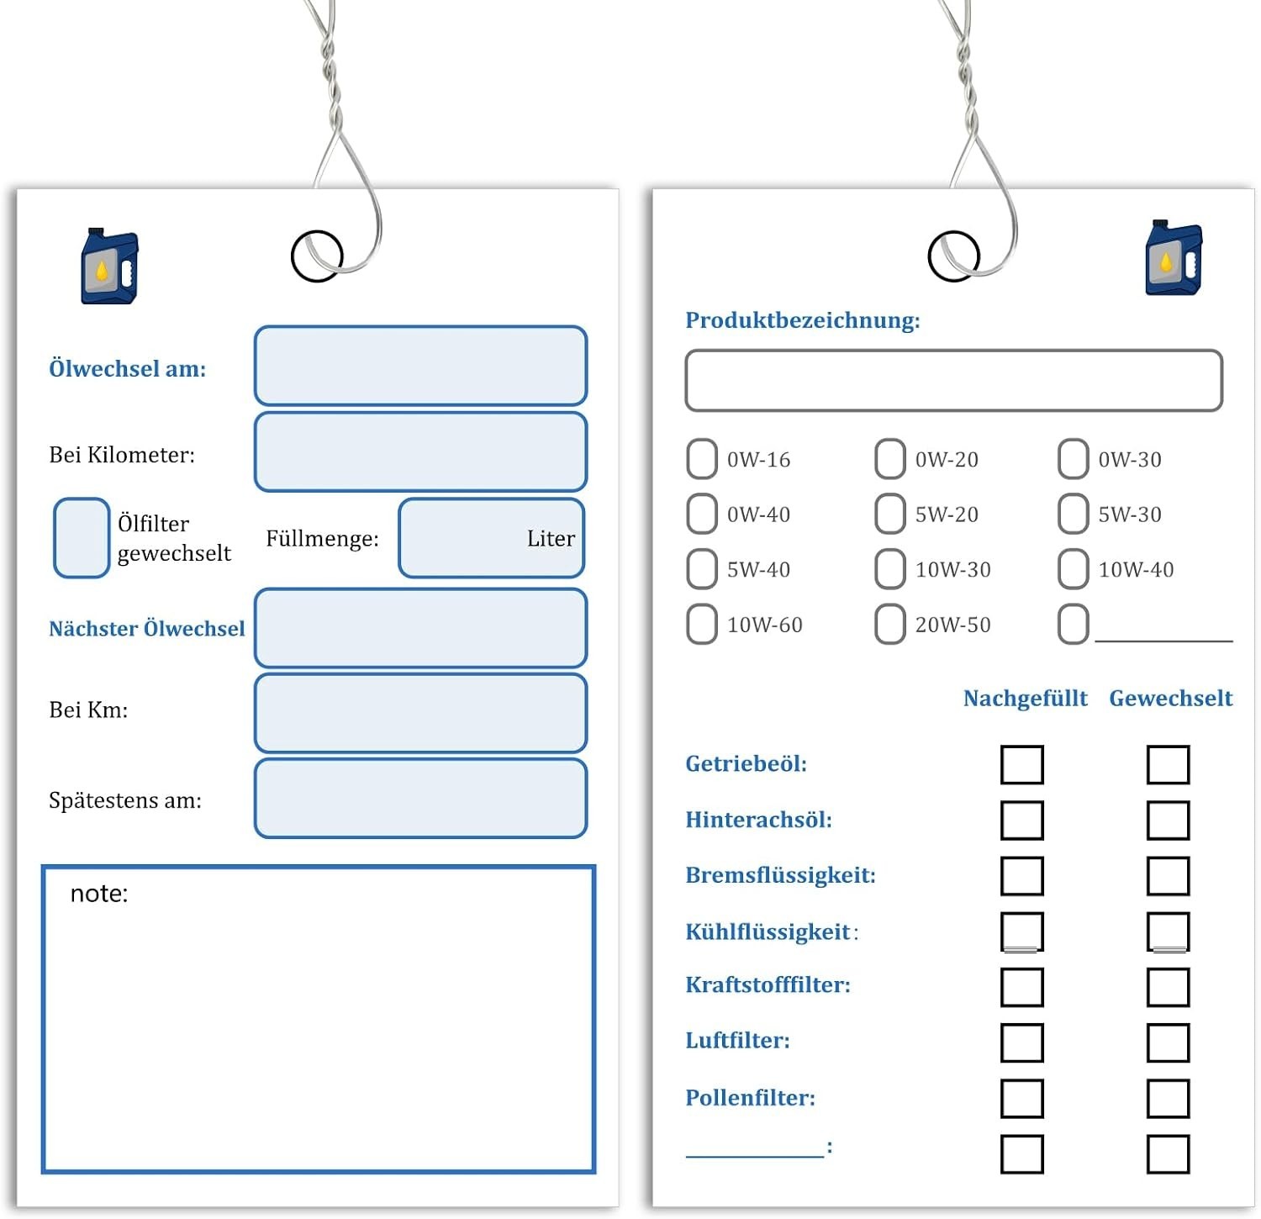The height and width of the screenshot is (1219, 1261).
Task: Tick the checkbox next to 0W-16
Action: (702, 459)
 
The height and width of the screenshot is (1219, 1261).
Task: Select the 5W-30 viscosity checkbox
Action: (1073, 514)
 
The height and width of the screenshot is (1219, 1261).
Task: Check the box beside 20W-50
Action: (890, 624)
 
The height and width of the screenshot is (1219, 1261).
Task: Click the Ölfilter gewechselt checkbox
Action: (82, 538)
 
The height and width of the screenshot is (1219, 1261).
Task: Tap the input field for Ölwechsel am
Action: (420, 366)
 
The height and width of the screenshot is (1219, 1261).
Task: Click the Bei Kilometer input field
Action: (420, 451)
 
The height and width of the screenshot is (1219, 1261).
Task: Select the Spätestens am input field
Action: (420, 799)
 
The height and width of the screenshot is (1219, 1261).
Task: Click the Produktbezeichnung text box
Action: (953, 381)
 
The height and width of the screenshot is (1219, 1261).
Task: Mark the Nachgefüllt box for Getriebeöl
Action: (1022, 764)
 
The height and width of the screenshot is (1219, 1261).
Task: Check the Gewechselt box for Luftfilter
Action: (1169, 1042)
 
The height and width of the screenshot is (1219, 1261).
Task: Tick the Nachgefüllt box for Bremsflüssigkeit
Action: (1022, 876)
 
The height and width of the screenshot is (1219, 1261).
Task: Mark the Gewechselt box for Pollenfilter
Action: (1169, 1099)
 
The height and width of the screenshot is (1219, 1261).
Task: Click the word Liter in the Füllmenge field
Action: (551, 538)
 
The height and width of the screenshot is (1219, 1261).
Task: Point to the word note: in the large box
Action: (99, 893)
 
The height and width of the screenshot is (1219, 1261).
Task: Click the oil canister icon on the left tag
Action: (109, 266)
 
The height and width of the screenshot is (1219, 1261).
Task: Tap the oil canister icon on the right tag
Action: (1174, 257)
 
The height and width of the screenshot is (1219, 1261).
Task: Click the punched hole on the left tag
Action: (317, 256)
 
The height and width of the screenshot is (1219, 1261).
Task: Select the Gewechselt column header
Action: (1170, 698)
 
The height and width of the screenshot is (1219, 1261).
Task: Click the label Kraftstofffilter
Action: (768, 984)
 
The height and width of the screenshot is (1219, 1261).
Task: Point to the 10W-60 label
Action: (765, 625)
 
